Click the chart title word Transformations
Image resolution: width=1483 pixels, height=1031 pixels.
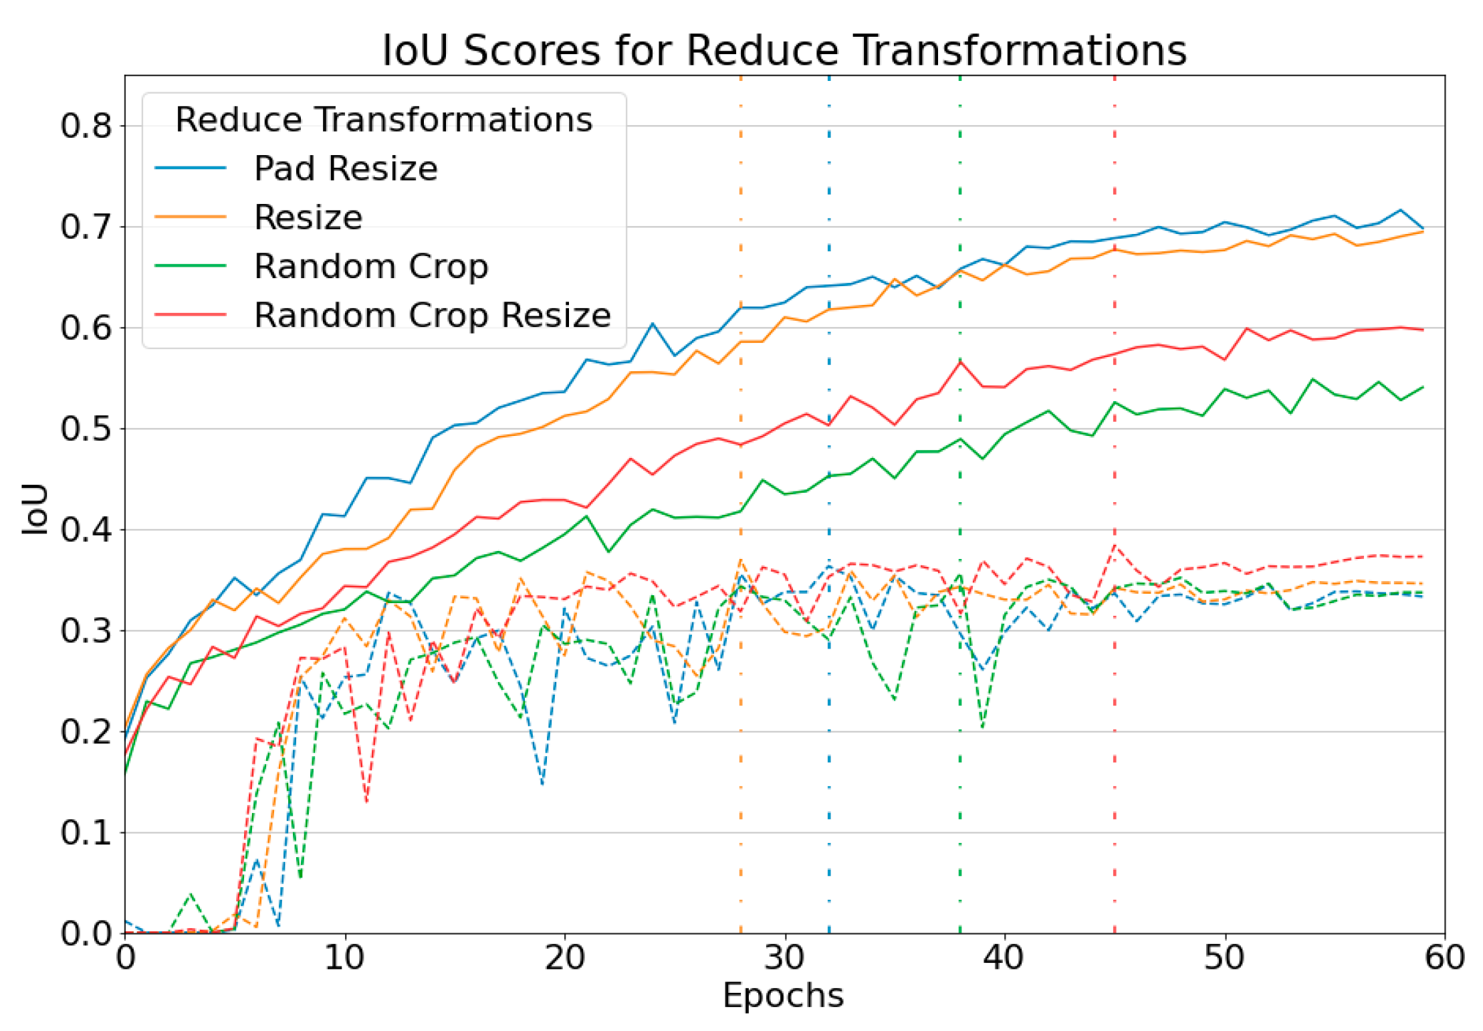(1020, 51)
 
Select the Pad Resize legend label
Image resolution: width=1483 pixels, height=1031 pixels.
(346, 168)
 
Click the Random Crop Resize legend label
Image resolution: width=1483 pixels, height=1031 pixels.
(432, 315)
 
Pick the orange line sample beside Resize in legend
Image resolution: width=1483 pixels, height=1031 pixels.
(191, 217)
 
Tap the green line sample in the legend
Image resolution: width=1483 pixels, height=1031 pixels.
(191, 266)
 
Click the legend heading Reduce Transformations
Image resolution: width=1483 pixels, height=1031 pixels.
(384, 120)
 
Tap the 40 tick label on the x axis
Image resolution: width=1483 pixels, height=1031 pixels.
(1003, 957)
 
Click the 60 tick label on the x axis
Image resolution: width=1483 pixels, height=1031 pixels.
(1444, 957)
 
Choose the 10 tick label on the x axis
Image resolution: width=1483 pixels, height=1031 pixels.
(344, 957)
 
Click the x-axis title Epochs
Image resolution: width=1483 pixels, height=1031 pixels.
(783, 995)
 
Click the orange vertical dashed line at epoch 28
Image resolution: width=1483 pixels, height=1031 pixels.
(741, 735)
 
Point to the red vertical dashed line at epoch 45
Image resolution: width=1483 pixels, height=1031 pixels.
(1115, 735)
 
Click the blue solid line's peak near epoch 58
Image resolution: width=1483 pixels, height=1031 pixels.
(1400, 210)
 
